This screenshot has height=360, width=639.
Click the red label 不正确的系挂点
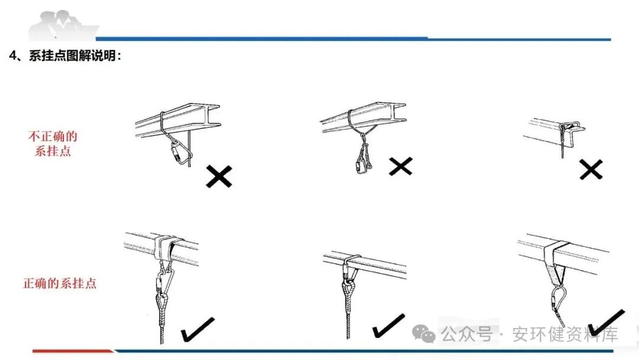(x=53, y=144)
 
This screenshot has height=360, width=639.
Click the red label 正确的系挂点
(x=59, y=283)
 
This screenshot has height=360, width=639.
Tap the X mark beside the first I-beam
(x=219, y=176)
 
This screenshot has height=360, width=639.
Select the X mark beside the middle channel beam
(x=401, y=167)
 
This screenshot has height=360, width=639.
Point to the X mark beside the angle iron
(x=590, y=170)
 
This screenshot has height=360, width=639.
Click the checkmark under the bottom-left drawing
(x=198, y=330)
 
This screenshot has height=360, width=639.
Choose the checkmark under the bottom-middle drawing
(x=388, y=326)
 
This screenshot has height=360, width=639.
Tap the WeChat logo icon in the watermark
(x=424, y=335)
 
